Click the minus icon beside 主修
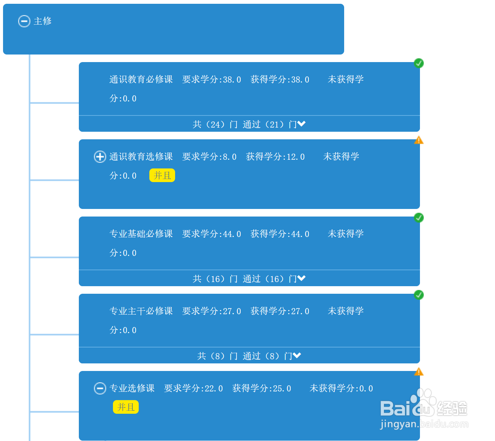click(24, 21)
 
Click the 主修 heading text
click(43, 21)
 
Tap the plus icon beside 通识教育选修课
click(100, 157)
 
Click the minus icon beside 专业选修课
click(100, 388)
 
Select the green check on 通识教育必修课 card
click(419, 63)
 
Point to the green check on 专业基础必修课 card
click(419, 218)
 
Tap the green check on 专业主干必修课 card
click(419, 295)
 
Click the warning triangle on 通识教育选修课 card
click(419, 140)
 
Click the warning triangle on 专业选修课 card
click(419, 372)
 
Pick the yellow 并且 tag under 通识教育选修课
click(162, 176)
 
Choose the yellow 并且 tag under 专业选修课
click(126, 407)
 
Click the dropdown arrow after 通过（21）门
click(302, 124)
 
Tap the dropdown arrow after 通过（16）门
click(302, 279)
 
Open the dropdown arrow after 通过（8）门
click(297, 356)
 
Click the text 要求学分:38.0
click(211, 79)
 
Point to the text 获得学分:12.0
click(275, 157)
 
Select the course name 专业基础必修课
click(141, 234)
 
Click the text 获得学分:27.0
click(280, 311)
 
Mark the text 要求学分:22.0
click(193, 388)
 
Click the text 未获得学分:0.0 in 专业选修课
click(341, 388)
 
